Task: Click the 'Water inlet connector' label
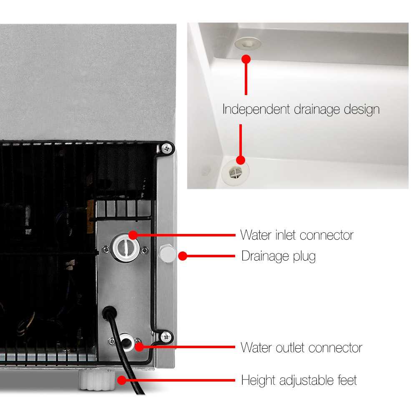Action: (x=297, y=235)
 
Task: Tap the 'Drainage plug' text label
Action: (x=279, y=256)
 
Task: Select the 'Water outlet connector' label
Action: (x=301, y=348)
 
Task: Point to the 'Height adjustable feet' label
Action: (x=299, y=380)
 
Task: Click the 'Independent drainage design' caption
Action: (x=301, y=109)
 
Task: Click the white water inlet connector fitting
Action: (x=125, y=248)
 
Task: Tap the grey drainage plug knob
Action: (x=167, y=254)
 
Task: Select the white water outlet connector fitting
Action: (x=127, y=342)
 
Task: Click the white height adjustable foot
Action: (x=97, y=380)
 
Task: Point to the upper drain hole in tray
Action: (x=248, y=43)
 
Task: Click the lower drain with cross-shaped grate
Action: (x=235, y=172)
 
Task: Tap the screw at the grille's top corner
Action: (x=167, y=148)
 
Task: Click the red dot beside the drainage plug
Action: (x=183, y=256)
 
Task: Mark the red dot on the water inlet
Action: (x=133, y=235)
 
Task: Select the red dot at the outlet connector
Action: (x=139, y=347)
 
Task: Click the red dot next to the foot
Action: (x=121, y=380)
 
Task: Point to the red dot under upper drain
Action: (x=246, y=59)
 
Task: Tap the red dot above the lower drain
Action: (x=241, y=160)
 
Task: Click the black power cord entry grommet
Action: (x=109, y=313)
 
